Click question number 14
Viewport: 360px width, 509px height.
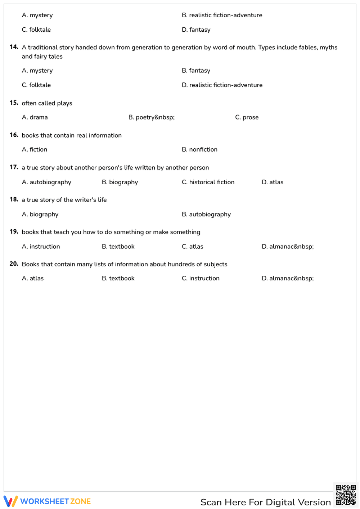tap(14, 47)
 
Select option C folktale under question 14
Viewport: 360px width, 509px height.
tap(36, 85)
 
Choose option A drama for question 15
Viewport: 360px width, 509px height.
tap(35, 117)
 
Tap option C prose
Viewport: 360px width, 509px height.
tap(247, 117)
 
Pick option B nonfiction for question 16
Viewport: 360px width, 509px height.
tap(199, 149)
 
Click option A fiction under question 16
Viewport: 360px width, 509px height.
tap(35, 149)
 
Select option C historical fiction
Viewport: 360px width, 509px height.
tap(208, 182)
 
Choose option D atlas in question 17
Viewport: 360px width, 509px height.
tap(273, 182)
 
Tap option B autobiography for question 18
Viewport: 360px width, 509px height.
tap(206, 214)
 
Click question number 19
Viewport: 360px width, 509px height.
tap(14, 231)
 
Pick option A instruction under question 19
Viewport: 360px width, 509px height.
tap(41, 247)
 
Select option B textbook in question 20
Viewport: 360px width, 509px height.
tap(118, 278)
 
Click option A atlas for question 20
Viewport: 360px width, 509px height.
tap(33, 278)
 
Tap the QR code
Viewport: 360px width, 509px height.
tap(346, 495)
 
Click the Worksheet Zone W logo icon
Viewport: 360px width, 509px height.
tap(10, 501)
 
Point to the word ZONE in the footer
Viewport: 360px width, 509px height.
tap(81, 501)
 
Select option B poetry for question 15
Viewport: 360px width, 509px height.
tap(152, 117)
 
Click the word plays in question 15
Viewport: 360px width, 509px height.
tap(64, 103)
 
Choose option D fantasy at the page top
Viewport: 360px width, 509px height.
tap(196, 30)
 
